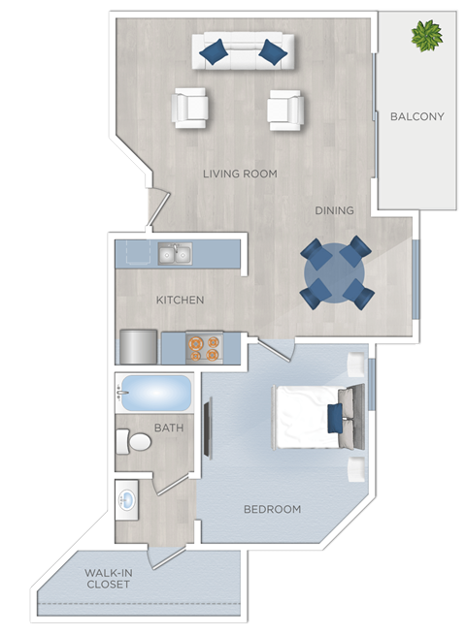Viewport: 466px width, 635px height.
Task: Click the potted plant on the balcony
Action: (426, 36)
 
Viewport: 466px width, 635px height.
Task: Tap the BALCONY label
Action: (416, 117)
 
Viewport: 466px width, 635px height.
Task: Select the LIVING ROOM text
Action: (240, 175)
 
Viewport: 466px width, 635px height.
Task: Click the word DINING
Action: (334, 210)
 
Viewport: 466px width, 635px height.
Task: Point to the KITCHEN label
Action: (181, 301)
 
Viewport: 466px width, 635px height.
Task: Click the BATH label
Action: (169, 428)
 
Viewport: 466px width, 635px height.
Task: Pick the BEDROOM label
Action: (272, 509)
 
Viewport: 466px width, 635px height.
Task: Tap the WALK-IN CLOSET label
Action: (109, 578)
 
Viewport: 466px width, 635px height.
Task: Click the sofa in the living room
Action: (243, 50)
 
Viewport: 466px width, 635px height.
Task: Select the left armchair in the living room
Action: (190, 109)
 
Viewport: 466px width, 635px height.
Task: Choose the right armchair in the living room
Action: (285, 109)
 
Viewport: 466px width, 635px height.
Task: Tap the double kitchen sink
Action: (176, 254)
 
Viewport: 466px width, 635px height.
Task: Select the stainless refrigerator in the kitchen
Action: (139, 346)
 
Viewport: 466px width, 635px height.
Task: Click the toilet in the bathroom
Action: (136, 443)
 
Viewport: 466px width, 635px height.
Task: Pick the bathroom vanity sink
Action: (128, 502)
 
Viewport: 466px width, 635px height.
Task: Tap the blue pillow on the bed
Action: (335, 418)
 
